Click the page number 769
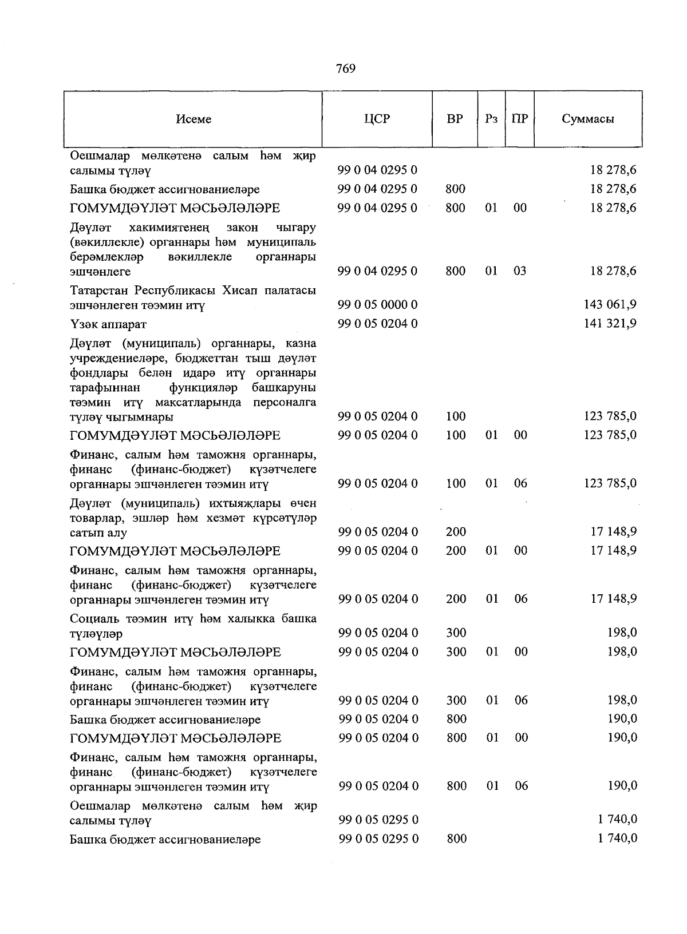coord(346,69)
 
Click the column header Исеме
coord(194,119)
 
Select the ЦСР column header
coord(377,119)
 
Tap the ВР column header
coord(455,119)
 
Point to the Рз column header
coord(491,119)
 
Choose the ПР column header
coord(520,119)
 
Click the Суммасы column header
coord(588,119)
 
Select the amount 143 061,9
coord(610,304)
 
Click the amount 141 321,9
coord(610,324)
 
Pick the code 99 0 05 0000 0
coord(378,304)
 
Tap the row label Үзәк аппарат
coord(108,324)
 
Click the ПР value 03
coord(520,271)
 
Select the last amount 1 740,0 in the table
coord(618,838)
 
